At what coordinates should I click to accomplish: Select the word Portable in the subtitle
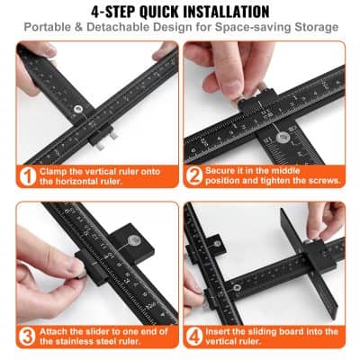pyautogui.click(x=50, y=28)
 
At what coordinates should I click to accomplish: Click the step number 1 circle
pyautogui.click(x=27, y=175)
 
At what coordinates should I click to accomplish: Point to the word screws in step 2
pyautogui.click(x=321, y=182)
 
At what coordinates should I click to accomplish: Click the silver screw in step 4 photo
pyautogui.click(x=235, y=286)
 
